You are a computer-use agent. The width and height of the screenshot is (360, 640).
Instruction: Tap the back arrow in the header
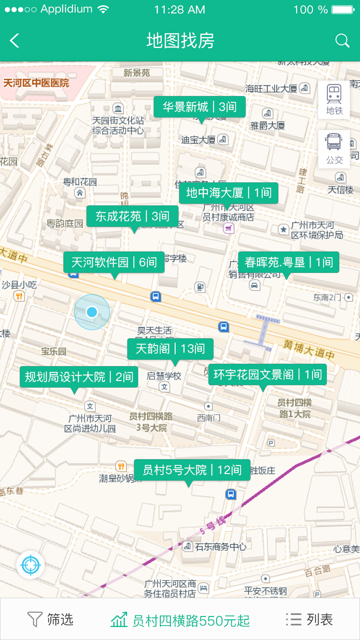15,41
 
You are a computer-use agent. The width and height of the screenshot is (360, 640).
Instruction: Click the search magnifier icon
342,41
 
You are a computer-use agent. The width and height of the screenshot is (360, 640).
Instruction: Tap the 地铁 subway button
334,99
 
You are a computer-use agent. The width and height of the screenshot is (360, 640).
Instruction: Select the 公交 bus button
334,149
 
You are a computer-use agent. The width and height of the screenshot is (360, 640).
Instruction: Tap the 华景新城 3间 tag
199,107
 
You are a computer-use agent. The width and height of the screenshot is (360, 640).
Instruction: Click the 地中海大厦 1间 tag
228,193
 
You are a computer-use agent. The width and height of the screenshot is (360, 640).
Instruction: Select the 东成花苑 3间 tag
132,216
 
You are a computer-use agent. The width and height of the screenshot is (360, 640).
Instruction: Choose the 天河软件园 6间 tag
114,262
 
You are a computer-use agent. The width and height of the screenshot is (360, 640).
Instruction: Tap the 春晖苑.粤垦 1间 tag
288,262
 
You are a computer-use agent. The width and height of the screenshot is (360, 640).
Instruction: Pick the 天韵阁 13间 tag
170,349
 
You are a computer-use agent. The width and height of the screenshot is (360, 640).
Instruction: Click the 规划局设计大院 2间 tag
79,377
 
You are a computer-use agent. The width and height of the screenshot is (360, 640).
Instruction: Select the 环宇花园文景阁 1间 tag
267,374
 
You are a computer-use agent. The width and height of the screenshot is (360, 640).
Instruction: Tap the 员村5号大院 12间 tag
192,470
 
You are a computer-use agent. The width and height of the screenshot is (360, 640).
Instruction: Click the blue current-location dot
92,312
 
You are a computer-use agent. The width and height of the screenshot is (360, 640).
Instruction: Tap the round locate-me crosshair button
31,565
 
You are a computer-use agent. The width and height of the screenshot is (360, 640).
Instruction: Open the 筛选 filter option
50,619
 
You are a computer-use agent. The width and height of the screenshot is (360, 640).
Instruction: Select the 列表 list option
309,619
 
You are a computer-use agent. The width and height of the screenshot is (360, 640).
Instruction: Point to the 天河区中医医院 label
36,83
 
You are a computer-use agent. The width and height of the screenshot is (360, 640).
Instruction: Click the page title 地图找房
180,41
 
